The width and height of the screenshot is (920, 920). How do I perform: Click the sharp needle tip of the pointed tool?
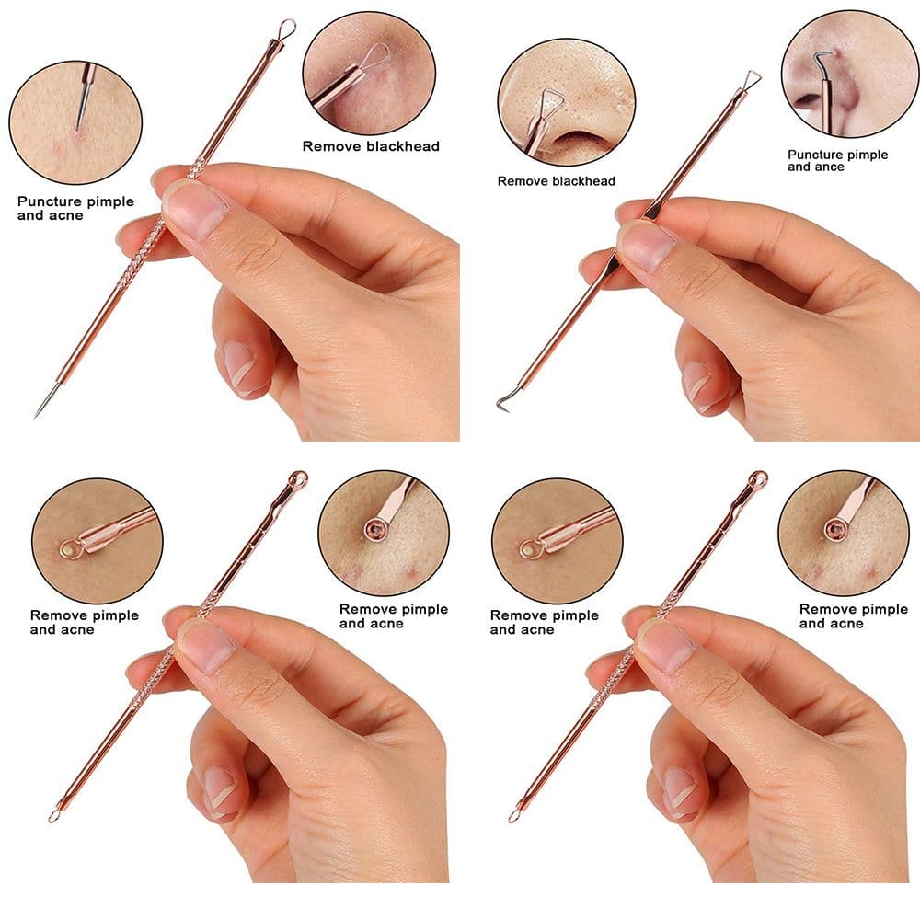36,416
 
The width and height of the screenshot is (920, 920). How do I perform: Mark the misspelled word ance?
830,167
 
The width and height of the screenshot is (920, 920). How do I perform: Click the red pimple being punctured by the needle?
76,136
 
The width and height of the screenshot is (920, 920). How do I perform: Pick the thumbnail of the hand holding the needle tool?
195,210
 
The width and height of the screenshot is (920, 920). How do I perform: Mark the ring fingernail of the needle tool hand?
239,363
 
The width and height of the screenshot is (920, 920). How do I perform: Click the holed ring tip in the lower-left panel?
298,478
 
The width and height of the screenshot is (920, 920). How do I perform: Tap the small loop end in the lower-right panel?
514,815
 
